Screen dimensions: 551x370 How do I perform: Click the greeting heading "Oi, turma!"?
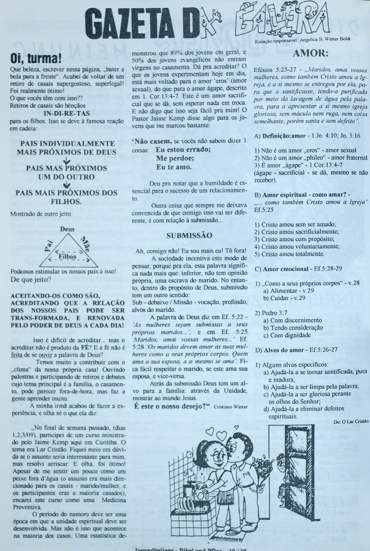tap(36, 59)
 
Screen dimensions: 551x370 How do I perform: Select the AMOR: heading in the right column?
tap(311, 53)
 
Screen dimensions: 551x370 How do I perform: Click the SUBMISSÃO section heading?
tap(189, 236)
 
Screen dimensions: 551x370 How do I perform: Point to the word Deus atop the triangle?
tap(67, 229)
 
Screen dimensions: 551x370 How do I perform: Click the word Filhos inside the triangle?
tap(67, 257)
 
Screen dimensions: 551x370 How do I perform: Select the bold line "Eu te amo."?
tap(174, 167)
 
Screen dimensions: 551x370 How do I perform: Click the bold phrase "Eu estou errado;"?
tap(183, 150)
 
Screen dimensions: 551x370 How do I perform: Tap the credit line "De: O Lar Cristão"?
tap(351, 421)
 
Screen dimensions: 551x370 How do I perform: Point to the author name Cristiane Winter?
tap(231, 407)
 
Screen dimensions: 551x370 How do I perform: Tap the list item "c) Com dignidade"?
tap(287, 335)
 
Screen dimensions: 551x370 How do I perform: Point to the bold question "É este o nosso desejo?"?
tap(172, 406)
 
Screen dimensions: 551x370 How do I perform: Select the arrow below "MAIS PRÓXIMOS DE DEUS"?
tap(67, 161)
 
